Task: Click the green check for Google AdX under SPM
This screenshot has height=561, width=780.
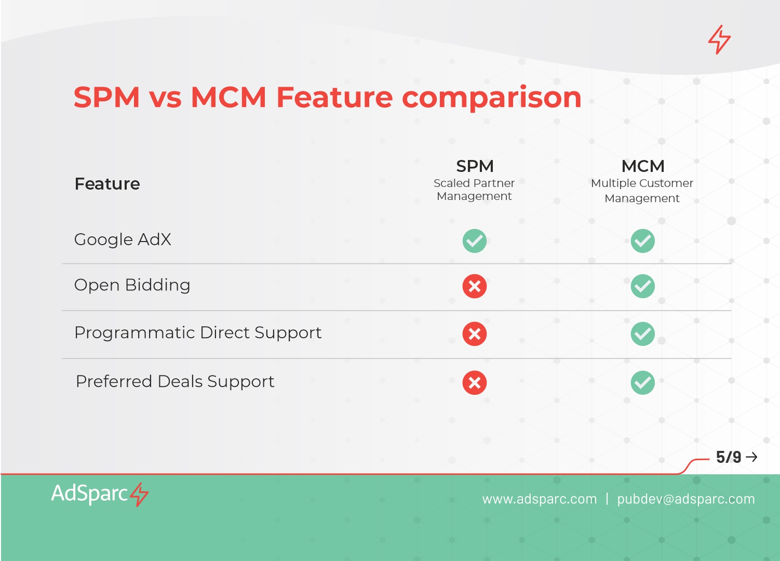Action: tap(474, 241)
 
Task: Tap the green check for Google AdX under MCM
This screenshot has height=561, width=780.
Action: tap(642, 241)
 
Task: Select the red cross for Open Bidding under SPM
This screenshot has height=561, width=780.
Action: tap(474, 286)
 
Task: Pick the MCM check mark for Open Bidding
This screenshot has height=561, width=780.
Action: tap(642, 286)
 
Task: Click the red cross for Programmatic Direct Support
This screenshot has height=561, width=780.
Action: tap(474, 333)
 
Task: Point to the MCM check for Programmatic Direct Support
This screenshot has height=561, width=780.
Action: tap(642, 333)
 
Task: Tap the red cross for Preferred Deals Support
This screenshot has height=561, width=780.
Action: tap(474, 383)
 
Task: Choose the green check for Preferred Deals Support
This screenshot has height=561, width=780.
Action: tap(642, 383)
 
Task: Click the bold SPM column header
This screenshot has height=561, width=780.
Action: tap(475, 166)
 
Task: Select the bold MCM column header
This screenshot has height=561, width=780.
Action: tap(643, 166)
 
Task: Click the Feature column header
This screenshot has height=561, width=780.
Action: tap(107, 183)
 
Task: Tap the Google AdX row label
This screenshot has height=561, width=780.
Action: tap(123, 239)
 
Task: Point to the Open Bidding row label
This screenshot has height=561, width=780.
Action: tap(132, 285)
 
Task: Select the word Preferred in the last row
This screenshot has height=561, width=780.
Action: tap(114, 381)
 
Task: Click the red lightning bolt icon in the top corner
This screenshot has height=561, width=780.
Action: tap(719, 39)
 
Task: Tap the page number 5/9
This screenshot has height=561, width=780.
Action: tap(729, 457)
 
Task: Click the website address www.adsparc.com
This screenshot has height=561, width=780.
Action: tap(540, 499)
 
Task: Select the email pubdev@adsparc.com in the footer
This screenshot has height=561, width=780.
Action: tap(686, 499)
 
